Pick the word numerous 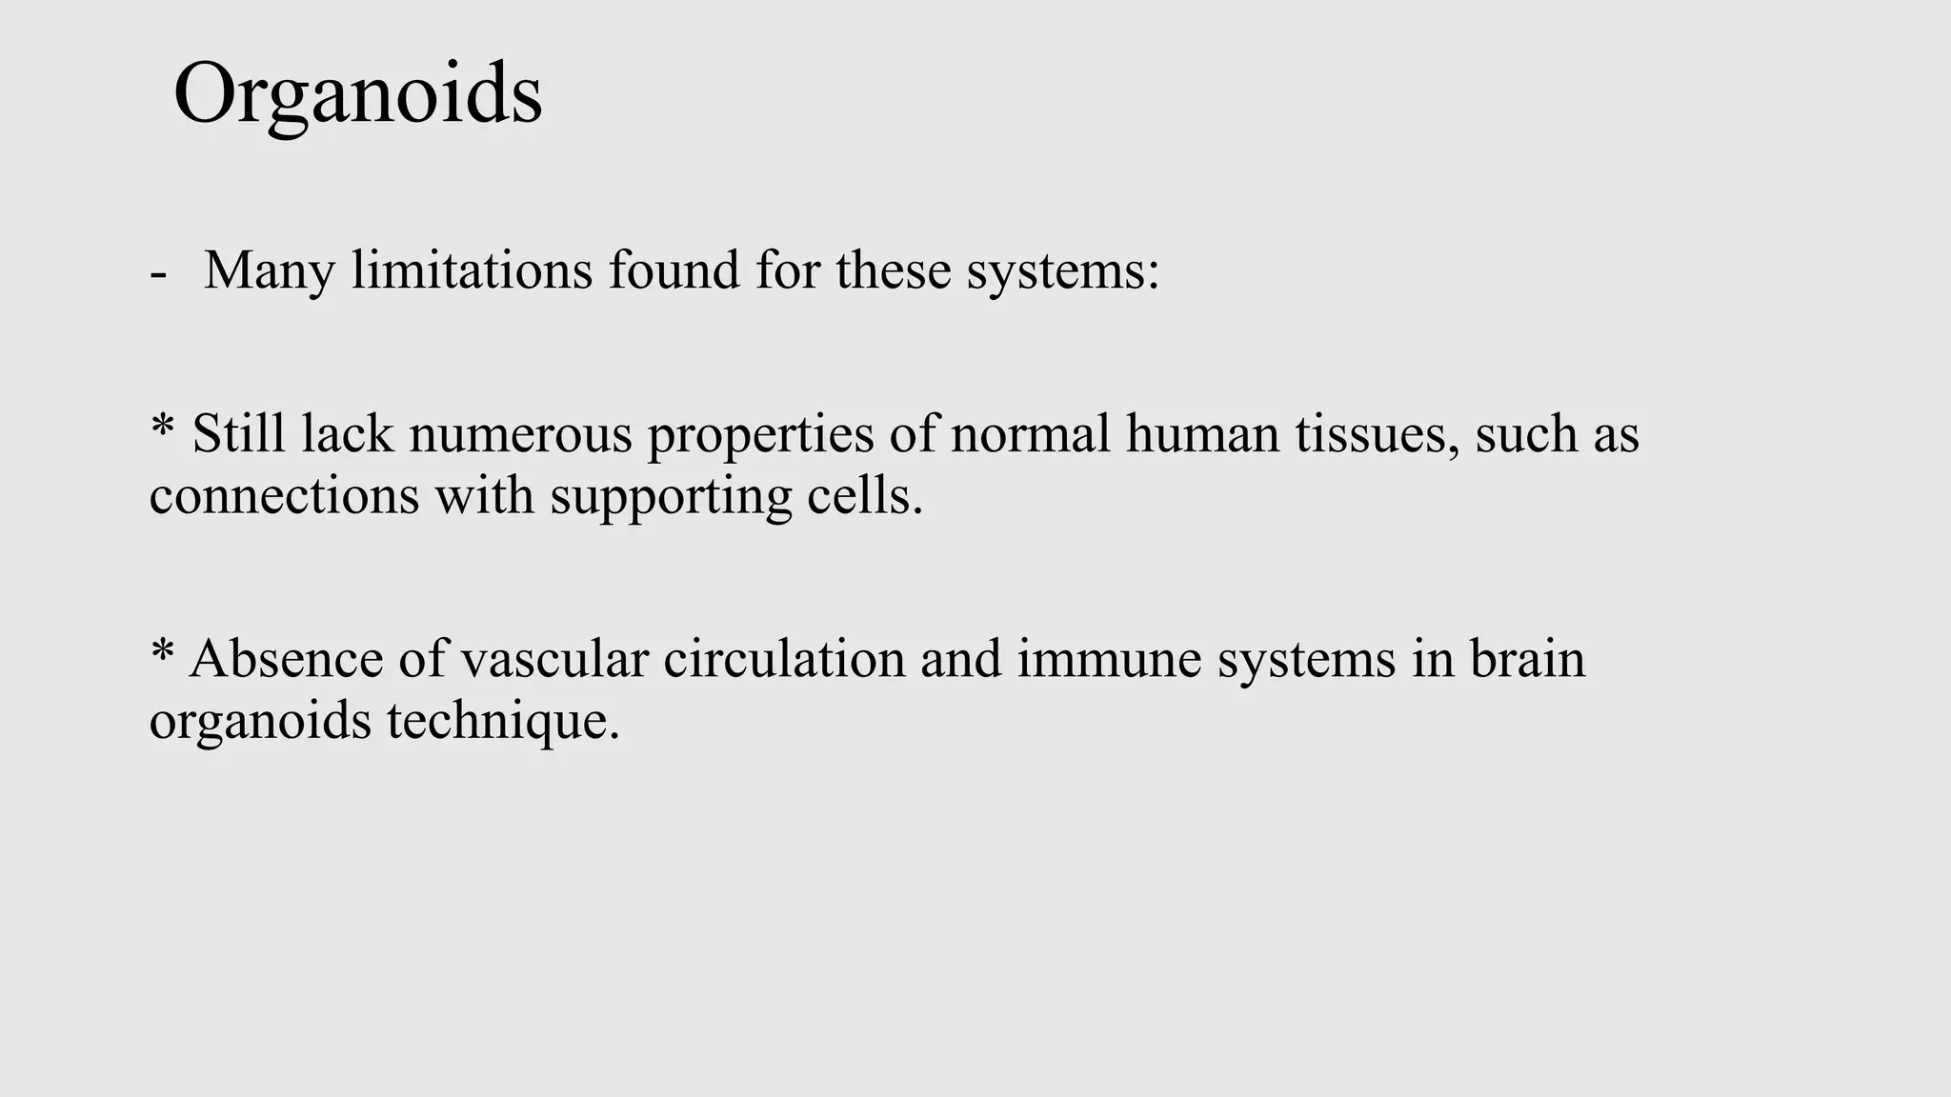click(x=520, y=434)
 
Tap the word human click(x=1203, y=434)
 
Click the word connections click(x=284, y=496)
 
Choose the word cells click(x=865, y=496)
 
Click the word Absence click(x=286, y=659)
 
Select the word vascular click(x=554, y=659)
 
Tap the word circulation click(x=784, y=659)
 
